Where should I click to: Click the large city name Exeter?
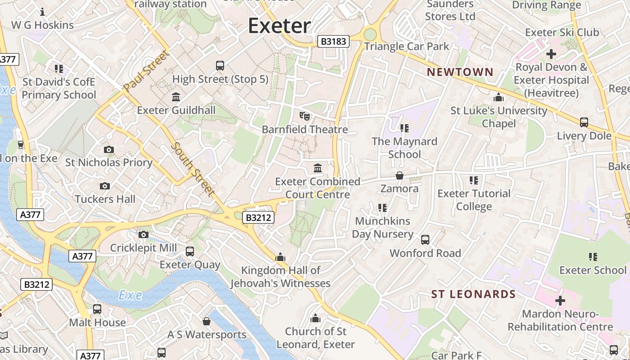click(x=279, y=26)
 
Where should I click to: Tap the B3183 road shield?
click(x=333, y=42)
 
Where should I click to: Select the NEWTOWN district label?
click(x=460, y=72)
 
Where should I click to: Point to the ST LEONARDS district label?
click(x=473, y=294)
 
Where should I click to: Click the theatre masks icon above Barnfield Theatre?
click(x=305, y=116)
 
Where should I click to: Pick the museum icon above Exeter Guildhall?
click(x=176, y=97)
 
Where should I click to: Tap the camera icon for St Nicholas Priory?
click(x=108, y=149)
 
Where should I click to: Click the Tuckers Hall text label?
click(x=105, y=199)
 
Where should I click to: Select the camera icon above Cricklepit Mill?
click(x=144, y=234)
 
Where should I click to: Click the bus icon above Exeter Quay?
click(x=190, y=251)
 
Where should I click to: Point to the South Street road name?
click(x=193, y=169)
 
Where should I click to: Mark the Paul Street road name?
click(x=146, y=71)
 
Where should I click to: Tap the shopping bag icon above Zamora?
click(x=399, y=175)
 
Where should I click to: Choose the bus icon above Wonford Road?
click(x=425, y=239)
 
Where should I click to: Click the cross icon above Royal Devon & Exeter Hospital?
click(x=551, y=54)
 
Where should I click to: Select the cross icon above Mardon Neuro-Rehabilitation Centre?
click(x=560, y=300)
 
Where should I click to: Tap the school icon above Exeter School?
click(x=593, y=257)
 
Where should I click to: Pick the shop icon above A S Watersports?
click(x=207, y=321)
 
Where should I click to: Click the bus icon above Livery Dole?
click(x=584, y=122)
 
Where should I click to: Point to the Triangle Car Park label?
click(x=406, y=46)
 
